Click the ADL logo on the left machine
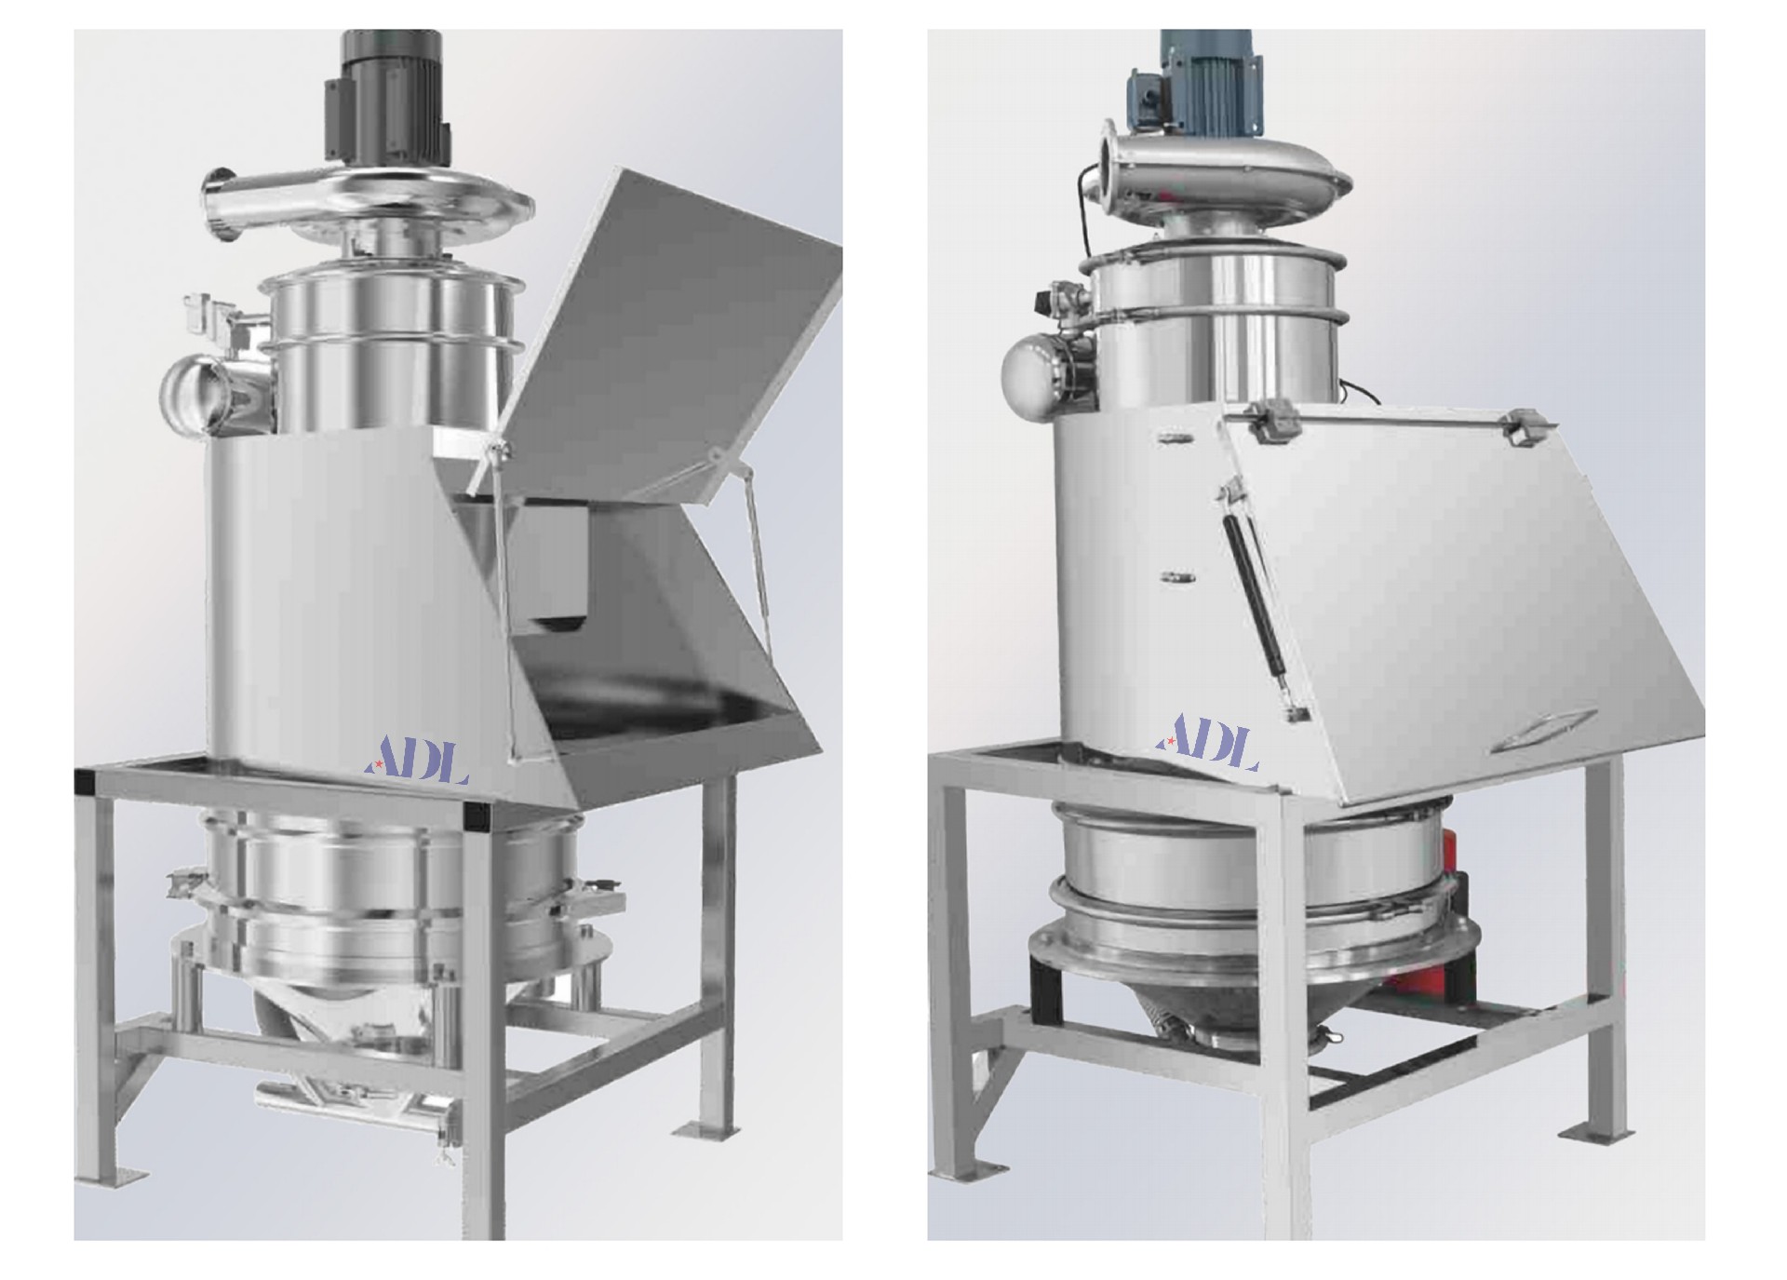(415, 761)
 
